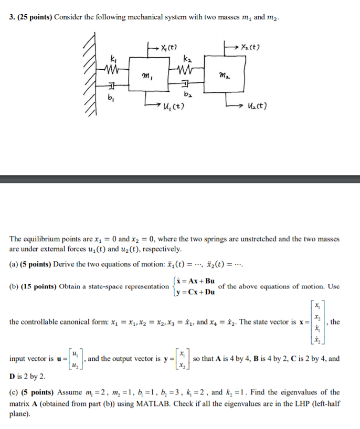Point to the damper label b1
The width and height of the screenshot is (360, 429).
point(111,98)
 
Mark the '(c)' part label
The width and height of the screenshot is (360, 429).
point(14,392)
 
